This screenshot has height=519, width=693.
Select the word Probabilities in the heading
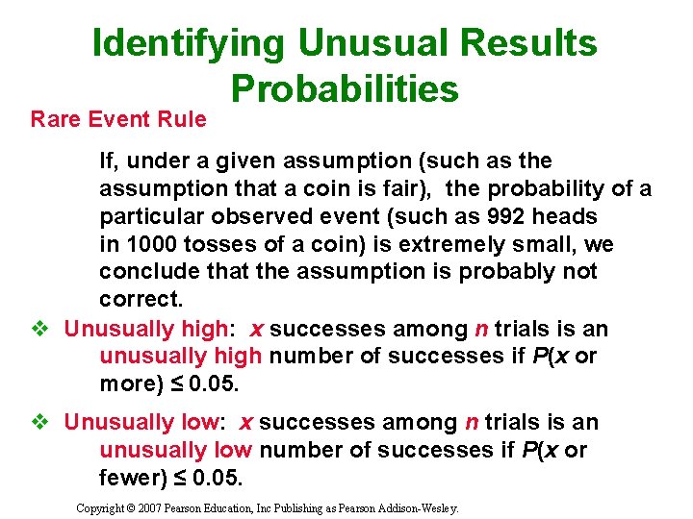pyautogui.click(x=345, y=88)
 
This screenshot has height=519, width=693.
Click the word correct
pyautogui.click(x=139, y=300)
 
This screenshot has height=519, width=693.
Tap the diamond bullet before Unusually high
pyautogui.click(x=39, y=329)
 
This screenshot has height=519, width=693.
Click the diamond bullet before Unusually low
pyautogui.click(x=39, y=422)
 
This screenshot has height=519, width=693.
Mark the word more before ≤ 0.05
pyautogui.click(x=132, y=384)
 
